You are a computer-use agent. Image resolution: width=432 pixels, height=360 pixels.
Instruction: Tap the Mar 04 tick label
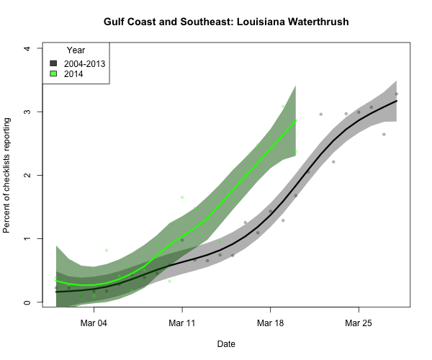pos(94,324)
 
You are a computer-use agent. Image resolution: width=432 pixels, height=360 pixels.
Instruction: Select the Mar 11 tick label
pos(182,324)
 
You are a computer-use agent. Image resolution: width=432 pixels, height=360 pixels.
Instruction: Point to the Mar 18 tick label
pos(270,324)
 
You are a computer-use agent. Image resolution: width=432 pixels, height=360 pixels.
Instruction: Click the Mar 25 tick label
pos(358,324)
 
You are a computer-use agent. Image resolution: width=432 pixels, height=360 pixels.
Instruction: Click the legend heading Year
pos(76,50)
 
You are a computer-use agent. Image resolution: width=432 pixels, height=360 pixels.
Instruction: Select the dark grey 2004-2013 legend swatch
pos(53,63)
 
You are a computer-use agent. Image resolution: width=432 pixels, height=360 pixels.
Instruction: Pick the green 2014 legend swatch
pos(53,74)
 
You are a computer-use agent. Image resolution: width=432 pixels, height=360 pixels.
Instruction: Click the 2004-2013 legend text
pos(84,63)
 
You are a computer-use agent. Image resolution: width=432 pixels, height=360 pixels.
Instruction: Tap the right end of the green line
pos(296,120)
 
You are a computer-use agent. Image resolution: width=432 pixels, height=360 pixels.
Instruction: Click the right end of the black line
pos(397,102)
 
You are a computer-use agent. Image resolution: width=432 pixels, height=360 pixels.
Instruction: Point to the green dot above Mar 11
pos(182,197)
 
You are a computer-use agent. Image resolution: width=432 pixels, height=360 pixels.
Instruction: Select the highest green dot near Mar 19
pos(284,107)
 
